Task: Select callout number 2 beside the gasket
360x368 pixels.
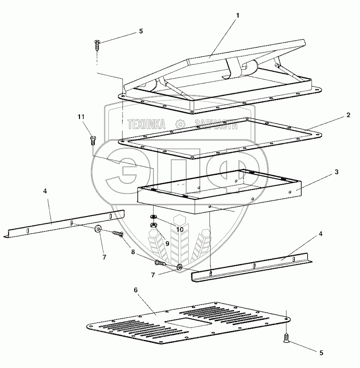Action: [x=348, y=115]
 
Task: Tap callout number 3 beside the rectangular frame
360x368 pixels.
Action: [x=336, y=172]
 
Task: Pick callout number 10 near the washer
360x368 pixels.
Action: [x=180, y=229]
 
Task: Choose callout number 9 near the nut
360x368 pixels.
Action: [x=167, y=243]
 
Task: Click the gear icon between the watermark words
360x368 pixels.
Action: [x=180, y=124]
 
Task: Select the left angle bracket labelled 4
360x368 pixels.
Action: [x=66, y=223]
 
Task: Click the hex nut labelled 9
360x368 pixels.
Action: [x=153, y=225]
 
